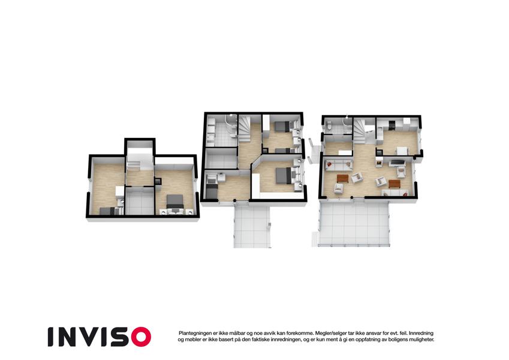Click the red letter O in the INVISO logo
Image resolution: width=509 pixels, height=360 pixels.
click(141, 337)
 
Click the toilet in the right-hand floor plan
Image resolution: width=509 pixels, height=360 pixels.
click(329, 125)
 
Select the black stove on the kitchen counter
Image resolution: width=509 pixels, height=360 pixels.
click(392, 124)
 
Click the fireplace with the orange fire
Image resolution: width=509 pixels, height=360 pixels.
click(378, 161)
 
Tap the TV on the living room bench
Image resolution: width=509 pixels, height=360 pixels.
click(396, 162)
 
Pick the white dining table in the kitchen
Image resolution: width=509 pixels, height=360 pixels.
click(402, 151)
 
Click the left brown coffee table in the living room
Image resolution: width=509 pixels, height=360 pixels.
click(342, 178)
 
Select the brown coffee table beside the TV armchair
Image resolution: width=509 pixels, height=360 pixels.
click(394, 184)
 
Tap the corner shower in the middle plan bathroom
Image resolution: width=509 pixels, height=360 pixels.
click(231, 124)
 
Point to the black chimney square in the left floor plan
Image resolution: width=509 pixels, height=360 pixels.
click(158, 181)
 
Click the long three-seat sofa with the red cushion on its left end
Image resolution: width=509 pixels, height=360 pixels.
click(339, 165)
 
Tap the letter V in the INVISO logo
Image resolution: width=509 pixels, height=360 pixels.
click(91, 337)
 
